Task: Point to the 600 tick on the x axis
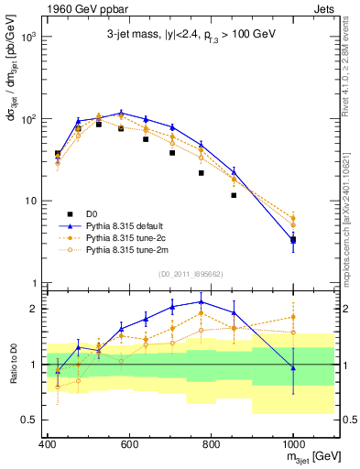point(129,444)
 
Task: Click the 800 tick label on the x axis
point(212,444)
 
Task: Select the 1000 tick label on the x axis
point(293,444)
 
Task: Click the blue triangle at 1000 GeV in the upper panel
point(293,240)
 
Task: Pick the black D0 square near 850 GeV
point(235,195)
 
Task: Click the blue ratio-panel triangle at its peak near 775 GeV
point(202,301)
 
